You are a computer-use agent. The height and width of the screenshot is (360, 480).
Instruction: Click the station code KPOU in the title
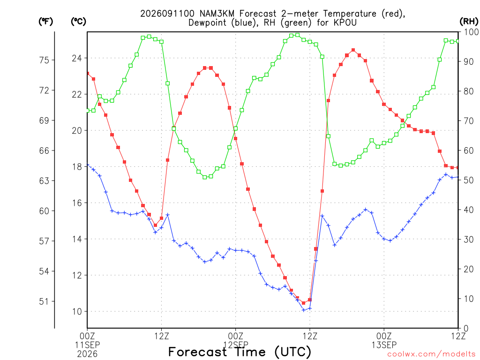pyautogui.click(x=345, y=22)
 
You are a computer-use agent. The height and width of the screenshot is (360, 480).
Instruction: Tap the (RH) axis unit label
pyautogui.click(x=469, y=21)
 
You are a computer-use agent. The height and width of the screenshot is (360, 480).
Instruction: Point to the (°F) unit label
pyautogui.click(x=45, y=22)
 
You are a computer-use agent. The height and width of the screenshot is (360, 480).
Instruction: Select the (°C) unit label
pyautogui.click(x=78, y=22)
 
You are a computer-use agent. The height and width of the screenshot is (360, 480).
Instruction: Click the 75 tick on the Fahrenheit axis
pyautogui.click(x=45, y=60)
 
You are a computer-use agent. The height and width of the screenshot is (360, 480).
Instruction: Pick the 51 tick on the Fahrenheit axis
pyautogui.click(x=45, y=301)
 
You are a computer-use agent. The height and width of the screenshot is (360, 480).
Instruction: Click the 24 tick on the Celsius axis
pyautogui.click(x=77, y=58)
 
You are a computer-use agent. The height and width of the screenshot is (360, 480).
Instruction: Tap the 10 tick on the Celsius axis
pyautogui.click(x=77, y=312)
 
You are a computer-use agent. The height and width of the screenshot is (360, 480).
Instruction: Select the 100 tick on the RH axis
pyautogui.click(x=472, y=32)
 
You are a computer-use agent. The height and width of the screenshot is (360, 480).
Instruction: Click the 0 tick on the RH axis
pyautogui.click(x=466, y=328)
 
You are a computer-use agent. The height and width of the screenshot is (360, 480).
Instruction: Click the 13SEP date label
pyautogui.click(x=384, y=345)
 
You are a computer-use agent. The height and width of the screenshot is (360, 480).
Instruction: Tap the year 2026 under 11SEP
pyautogui.click(x=87, y=354)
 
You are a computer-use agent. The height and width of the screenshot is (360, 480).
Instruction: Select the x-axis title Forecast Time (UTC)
pyautogui.click(x=240, y=352)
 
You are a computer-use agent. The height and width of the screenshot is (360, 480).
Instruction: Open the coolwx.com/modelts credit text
pyautogui.click(x=431, y=354)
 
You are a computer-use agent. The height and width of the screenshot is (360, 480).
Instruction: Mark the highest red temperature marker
pyautogui.click(x=353, y=50)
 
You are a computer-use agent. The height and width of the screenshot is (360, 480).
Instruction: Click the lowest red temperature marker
pyautogui.click(x=304, y=303)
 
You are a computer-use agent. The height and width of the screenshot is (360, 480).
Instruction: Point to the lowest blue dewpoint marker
pyautogui.click(x=304, y=310)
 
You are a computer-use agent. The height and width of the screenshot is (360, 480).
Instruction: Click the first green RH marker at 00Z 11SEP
pyautogui.click(x=88, y=111)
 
